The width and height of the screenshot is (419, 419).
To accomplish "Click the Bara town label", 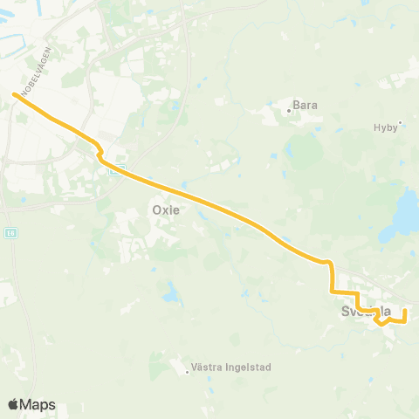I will [306, 105].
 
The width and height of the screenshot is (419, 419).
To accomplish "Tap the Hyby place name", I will [384, 127].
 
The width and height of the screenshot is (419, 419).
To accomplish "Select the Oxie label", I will [165, 210].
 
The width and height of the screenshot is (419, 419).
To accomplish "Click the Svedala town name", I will [365, 311].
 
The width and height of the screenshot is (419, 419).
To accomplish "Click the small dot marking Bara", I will [289, 110].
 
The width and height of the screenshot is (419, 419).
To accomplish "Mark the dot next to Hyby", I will [400, 123].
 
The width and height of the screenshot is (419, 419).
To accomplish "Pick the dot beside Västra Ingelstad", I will [188, 372].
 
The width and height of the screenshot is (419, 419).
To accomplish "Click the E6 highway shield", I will [10, 233].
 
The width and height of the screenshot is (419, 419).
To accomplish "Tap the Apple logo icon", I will [14, 405].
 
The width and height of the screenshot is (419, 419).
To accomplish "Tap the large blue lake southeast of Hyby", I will [407, 210].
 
